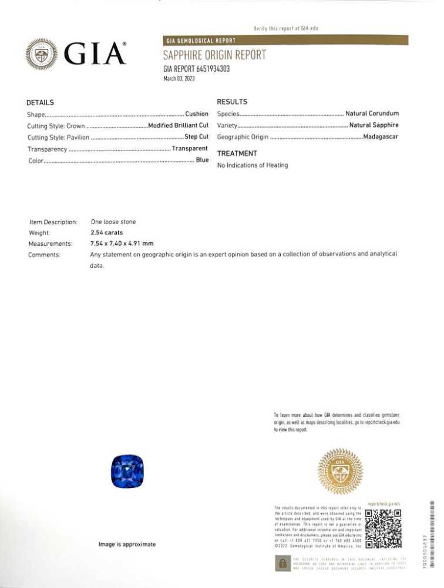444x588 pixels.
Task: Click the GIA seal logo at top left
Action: click(x=42, y=54)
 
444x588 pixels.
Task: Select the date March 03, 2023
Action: click(x=179, y=78)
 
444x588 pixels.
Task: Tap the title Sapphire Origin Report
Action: click(x=214, y=55)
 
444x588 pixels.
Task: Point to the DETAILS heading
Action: click(x=40, y=102)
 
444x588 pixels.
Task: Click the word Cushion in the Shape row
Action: click(x=197, y=113)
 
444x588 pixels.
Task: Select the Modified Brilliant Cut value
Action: click(x=179, y=125)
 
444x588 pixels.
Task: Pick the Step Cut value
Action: click(x=196, y=137)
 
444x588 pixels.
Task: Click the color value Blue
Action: click(x=202, y=160)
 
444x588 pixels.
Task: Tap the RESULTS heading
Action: click(x=232, y=102)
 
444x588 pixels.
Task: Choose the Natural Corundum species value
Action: click(x=372, y=113)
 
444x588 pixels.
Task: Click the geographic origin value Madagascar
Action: click(x=381, y=137)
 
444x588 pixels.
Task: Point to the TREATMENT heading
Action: click(x=237, y=153)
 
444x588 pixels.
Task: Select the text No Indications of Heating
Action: click(x=253, y=165)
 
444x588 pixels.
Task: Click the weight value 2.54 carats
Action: click(x=106, y=233)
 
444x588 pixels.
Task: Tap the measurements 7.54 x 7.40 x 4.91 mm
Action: click(x=122, y=243)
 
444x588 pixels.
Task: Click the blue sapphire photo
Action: click(x=127, y=470)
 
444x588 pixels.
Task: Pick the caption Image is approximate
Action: click(x=127, y=544)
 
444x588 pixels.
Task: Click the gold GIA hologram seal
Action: click(x=340, y=471)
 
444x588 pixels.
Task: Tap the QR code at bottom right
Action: click(x=384, y=528)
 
